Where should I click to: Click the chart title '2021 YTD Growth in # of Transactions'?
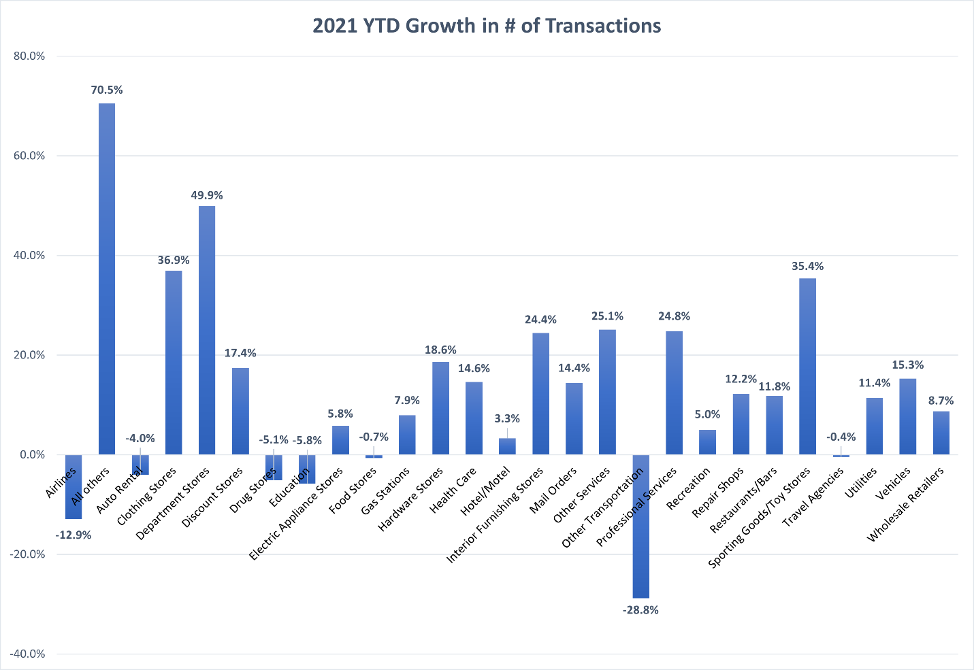(487, 26)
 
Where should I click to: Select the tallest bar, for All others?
(107, 279)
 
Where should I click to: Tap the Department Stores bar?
(207, 330)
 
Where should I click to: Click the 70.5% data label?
(107, 90)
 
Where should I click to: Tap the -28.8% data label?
(640, 610)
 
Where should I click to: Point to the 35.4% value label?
(807, 266)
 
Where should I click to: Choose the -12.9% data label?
(74, 535)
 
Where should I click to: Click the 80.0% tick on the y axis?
(29, 56)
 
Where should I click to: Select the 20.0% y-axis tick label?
(29, 355)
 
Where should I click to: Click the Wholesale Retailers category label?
(905, 505)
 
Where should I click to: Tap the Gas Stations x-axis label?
(386, 491)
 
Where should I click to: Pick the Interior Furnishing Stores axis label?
(495, 515)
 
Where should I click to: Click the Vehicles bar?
(907, 416)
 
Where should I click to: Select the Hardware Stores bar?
(440, 408)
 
